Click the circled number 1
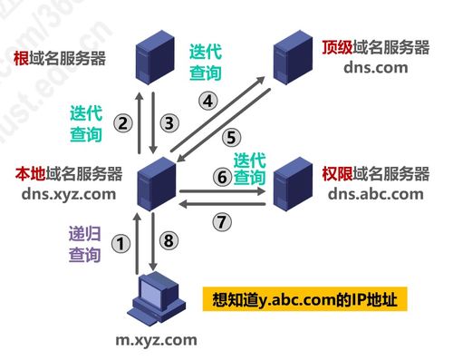pyautogui.click(x=119, y=243)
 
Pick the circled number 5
pyautogui.click(x=231, y=137)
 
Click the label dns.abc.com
pyautogui.click(x=375, y=193)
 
